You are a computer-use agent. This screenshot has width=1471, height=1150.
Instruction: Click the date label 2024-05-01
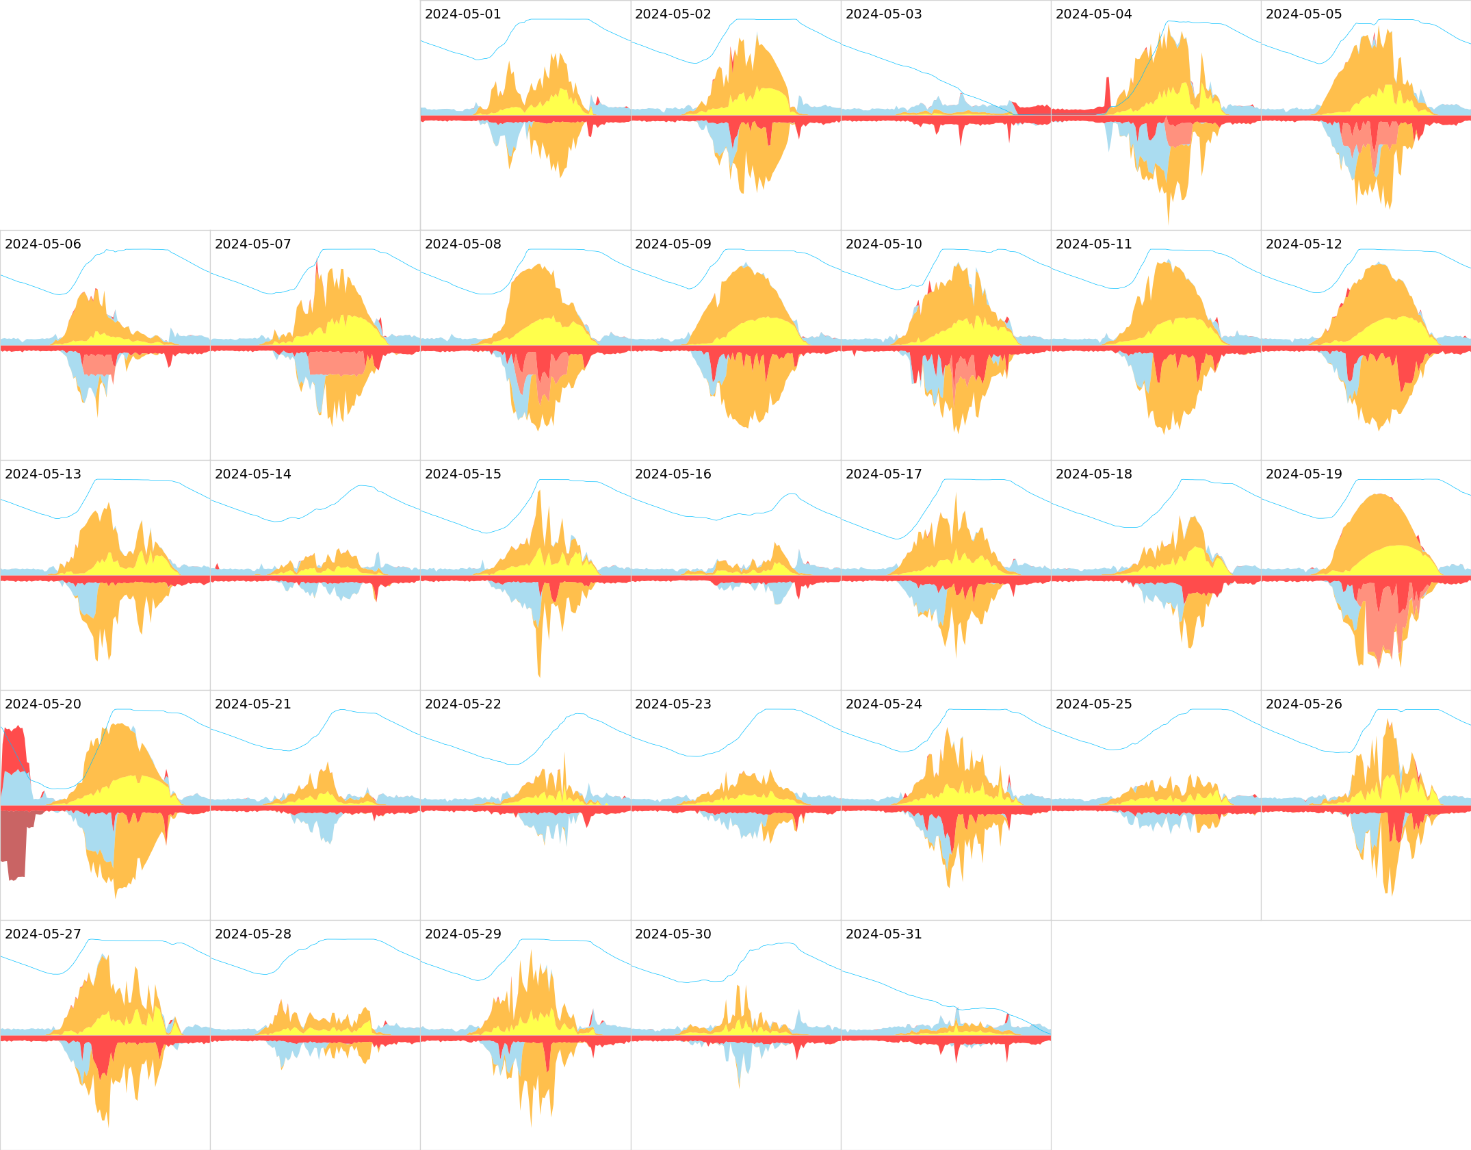pos(463,14)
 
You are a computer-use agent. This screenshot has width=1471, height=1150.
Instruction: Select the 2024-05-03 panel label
pos(883,14)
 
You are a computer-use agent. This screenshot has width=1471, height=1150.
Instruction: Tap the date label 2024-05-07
pos(252,244)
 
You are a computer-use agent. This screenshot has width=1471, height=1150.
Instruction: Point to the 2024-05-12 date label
pos(1303,244)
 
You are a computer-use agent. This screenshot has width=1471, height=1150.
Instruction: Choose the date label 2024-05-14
pos(252,474)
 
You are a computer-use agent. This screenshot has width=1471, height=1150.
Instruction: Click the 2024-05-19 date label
pos(1303,474)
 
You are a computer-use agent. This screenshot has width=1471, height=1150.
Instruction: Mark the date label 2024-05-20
pos(42,704)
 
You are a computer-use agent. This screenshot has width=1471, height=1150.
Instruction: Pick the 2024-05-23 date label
pos(673,704)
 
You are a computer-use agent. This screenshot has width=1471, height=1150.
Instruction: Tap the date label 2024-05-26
pos(1303,704)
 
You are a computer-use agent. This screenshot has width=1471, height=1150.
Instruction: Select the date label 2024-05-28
pos(252,934)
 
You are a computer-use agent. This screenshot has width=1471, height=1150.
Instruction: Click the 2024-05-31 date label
pos(883,934)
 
